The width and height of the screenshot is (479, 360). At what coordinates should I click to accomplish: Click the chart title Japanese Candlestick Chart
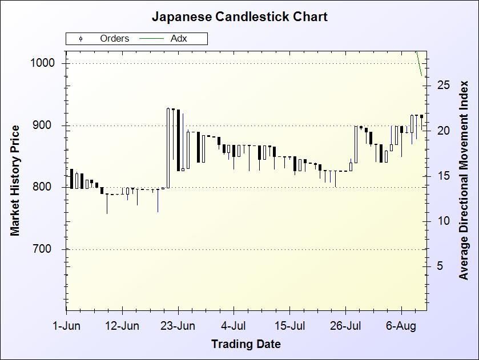tap(239, 17)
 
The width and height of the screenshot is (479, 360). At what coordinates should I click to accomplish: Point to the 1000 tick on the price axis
tap(42, 63)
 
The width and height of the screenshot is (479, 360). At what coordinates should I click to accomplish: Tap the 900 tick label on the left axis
tap(45, 126)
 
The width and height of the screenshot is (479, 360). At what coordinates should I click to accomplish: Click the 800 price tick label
tap(45, 187)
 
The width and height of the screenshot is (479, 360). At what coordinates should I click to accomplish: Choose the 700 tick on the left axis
tap(45, 249)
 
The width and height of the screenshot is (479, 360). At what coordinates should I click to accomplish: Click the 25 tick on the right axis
tap(444, 86)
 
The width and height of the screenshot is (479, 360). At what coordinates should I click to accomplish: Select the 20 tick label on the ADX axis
tap(444, 131)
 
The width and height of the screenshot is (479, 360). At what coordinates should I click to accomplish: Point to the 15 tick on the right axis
tap(444, 176)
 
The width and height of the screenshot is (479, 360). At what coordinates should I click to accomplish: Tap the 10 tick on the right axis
tap(444, 221)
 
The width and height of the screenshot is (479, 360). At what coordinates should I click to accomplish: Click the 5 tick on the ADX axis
tap(440, 266)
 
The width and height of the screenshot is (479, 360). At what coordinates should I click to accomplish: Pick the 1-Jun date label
tap(66, 326)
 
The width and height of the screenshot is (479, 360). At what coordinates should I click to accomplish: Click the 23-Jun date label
tap(178, 326)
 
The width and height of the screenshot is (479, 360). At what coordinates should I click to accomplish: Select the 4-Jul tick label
tap(234, 326)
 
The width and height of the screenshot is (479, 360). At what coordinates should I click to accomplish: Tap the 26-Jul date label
tap(346, 326)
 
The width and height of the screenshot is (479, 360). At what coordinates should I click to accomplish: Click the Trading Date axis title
tap(245, 344)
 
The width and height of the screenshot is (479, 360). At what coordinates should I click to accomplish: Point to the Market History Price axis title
tap(15, 180)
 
